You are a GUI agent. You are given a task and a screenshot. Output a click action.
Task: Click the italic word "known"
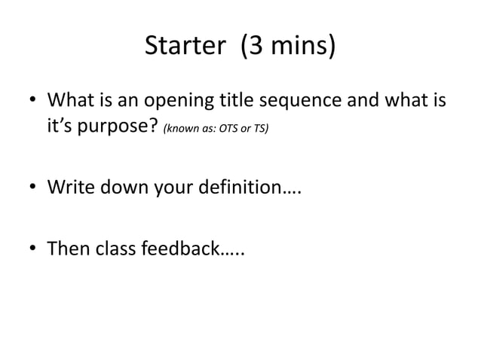tap(179, 130)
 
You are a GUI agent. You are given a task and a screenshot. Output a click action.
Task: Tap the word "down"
tap(124, 188)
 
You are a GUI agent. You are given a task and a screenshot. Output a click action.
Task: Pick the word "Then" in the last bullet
tap(67, 247)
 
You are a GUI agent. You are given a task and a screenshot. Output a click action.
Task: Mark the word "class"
tap(114, 247)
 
